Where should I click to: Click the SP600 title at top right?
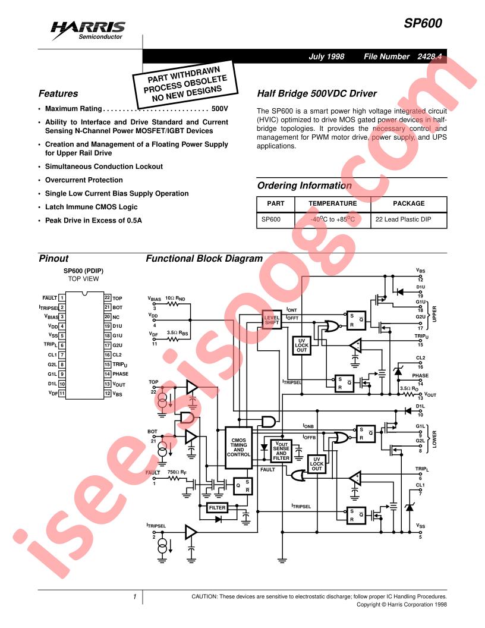(423, 24)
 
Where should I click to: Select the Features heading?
(58, 94)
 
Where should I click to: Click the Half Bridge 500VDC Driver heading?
(317, 94)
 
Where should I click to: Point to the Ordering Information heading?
(304, 186)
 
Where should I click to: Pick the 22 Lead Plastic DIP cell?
(403, 219)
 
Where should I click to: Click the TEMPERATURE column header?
(332, 203)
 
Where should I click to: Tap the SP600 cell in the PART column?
(271, 219)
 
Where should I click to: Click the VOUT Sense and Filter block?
(281, 450)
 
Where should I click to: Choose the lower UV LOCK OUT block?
(317, 464)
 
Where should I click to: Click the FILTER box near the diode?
(217, 508)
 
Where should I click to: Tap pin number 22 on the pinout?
(108, 298)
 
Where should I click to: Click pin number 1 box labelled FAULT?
(62, 298)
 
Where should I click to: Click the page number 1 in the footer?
(135, 596)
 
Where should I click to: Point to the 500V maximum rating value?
(219, 109)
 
